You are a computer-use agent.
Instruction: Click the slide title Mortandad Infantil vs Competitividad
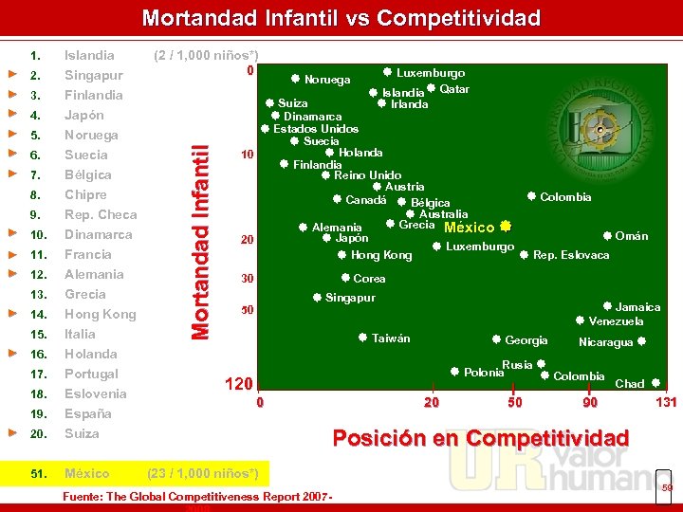[x=341, y=18]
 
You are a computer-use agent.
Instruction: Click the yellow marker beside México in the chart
[x=506, y=227]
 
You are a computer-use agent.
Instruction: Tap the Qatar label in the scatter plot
[x=454, y=89]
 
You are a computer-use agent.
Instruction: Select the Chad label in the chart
[x=629, y=384]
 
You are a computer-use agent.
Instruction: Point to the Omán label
[x=631, y=236]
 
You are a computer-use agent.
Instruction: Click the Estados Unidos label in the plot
[x=316, y=129]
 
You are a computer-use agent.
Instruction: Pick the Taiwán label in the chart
[x=391, y=338]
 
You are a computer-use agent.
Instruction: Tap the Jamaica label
[x=637, y=307]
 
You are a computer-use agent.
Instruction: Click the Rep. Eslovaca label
[x=571, y=255]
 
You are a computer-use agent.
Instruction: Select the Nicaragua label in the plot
[x=605, y=342]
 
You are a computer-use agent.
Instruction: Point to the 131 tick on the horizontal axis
[x=666, y=403]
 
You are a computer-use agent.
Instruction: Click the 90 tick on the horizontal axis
[x=590, y=403]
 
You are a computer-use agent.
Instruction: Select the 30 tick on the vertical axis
[x=247, y=279]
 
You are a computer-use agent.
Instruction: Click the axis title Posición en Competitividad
[x=480, y=437]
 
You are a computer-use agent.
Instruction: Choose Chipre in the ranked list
[x=86, y=194]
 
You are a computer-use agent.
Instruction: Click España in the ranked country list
[x=87, y=413]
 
